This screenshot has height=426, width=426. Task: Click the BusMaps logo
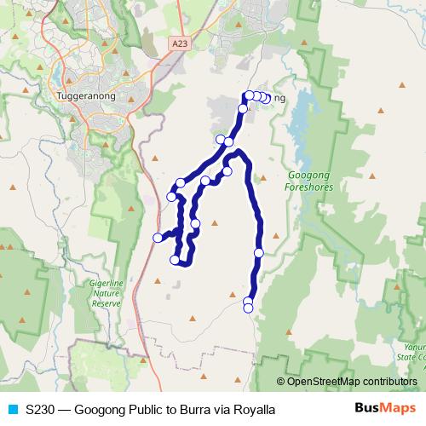pos(384,409)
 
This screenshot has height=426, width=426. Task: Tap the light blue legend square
pos(12,410)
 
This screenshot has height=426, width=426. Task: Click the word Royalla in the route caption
pos(254,410)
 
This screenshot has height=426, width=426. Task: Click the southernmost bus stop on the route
pos(249,308)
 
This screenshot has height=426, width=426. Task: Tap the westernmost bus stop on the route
pos(158,237)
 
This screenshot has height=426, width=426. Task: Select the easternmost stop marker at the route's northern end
pos(266,99)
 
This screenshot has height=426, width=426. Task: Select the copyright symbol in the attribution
pos(282,382)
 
